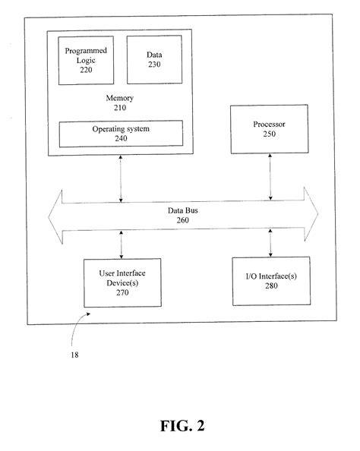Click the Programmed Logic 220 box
[87, 60]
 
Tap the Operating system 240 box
[122, 134]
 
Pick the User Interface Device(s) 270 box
[121, 282]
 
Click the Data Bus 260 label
[179, 216]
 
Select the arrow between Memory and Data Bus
[121, 179]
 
